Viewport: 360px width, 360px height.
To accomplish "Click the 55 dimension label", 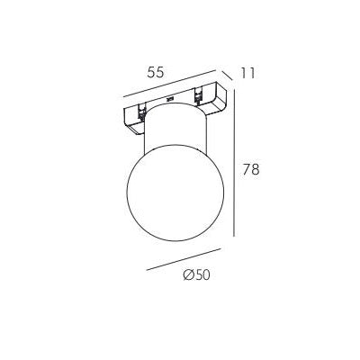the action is pyautogui.click(x=156, y=72).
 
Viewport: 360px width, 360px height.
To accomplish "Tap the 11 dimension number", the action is pyautogui.click(x=248, y=73).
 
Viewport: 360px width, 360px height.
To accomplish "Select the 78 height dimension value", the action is pyautogui.click(x=251, y=169).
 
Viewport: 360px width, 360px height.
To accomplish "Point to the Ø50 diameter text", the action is pyautogui.click(x=197, y=275).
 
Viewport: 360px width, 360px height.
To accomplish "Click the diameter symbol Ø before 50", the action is pyautogui.click(x=188, y=275).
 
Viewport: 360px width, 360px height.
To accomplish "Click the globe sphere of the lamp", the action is pyautogui.click(x=175, y=193).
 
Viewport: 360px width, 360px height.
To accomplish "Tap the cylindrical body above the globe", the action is pyautogui.click(x=175, y=126).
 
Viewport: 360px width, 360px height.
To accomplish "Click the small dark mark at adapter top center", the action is pyautogui.click(x=170, y=98).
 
